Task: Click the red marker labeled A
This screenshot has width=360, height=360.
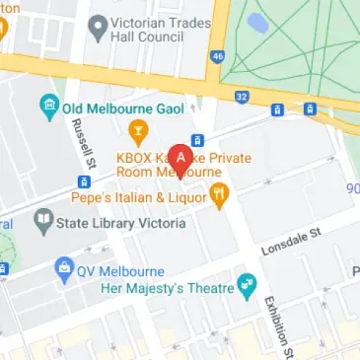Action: (180, 158)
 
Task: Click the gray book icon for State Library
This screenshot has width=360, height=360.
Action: (42, 223)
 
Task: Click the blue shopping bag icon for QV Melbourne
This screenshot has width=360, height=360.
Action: (65, 266)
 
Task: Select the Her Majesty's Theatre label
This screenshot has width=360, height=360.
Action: (167, 289)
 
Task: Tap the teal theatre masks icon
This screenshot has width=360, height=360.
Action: (247, 289)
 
